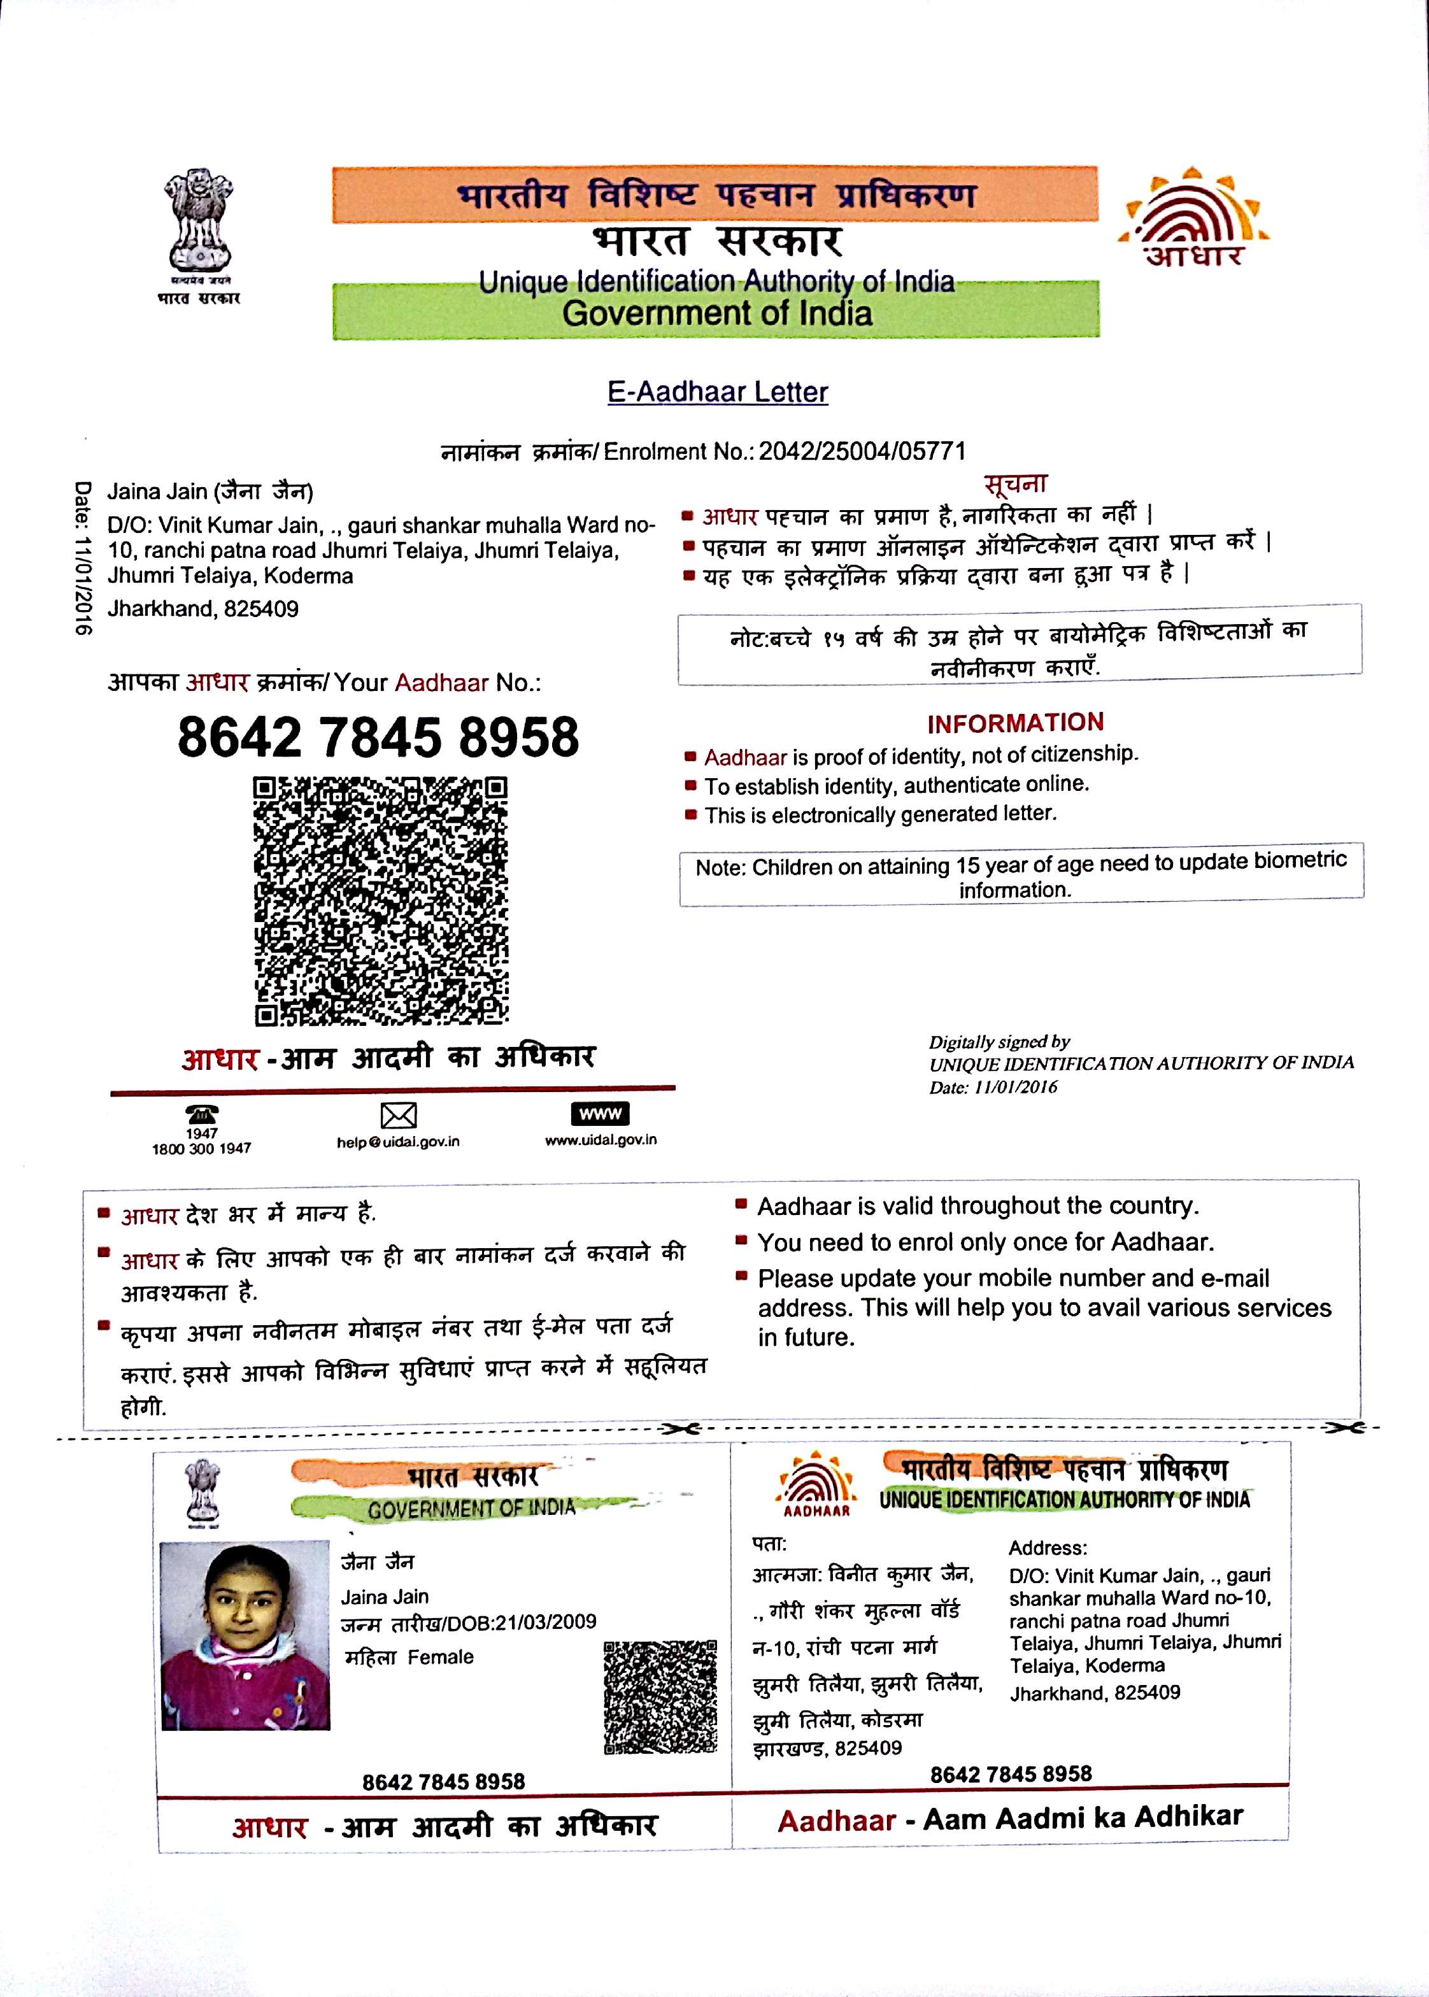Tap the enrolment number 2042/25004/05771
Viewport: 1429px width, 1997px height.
862,451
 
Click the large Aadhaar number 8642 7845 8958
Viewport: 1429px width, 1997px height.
378,737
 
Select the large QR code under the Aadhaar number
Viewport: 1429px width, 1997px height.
381,901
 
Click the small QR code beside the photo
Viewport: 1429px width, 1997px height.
660,1697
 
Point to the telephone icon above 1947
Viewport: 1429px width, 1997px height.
201,1114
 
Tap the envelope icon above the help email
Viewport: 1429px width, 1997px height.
398,1116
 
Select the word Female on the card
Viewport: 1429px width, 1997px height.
440,1658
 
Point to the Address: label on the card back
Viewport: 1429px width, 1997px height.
1047,1547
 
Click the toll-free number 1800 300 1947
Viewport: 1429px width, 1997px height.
201,1148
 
